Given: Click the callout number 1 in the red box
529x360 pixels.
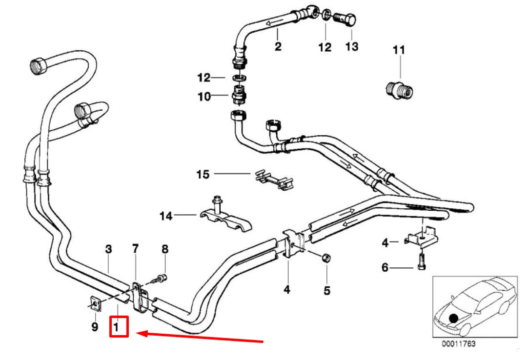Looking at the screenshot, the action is [117, 327].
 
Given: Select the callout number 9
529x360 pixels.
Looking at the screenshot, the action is [95, 327].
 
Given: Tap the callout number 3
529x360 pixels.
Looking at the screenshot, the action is [108, 249].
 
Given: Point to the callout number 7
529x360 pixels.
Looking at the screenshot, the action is [135, 249].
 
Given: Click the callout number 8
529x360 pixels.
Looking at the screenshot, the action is [164, 249].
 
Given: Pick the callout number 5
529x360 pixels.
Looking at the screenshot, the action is [327, 291].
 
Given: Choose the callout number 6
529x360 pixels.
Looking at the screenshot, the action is [385, 267].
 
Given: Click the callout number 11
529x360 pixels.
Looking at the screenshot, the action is [399, 50].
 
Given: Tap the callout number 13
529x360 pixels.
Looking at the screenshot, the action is [351, 46].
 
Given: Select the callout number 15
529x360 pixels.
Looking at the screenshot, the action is [203, 174].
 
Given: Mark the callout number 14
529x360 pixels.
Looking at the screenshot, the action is [166, 216].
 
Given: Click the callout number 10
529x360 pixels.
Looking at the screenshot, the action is [204, 97].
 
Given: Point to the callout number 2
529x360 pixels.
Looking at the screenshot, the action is [278, 46].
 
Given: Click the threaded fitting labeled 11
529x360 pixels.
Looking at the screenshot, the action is [400, 90].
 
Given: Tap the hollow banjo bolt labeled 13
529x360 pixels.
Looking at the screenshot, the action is [346, 19].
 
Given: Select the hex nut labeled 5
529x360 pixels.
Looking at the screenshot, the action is [326, 258].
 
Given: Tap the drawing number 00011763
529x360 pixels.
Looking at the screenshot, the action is [459, 343].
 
